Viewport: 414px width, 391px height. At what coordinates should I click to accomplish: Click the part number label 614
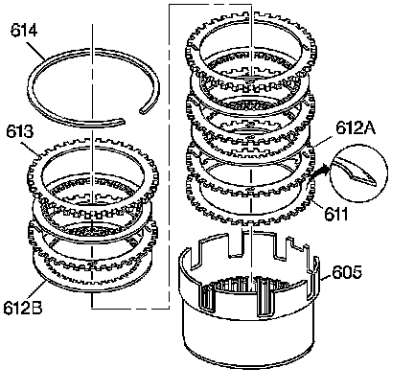coord(24,30)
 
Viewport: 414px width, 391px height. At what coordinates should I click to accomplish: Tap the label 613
coord(19,131)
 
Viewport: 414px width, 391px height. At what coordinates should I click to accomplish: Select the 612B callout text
coord(23,308)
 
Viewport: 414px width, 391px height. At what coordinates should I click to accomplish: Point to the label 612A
coord(356,127)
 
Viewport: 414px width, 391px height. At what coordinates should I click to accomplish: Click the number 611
coord(336,214)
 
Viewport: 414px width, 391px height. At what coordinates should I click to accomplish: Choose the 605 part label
coord(347,272)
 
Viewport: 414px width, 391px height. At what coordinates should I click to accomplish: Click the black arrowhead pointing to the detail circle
coord(323,169)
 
